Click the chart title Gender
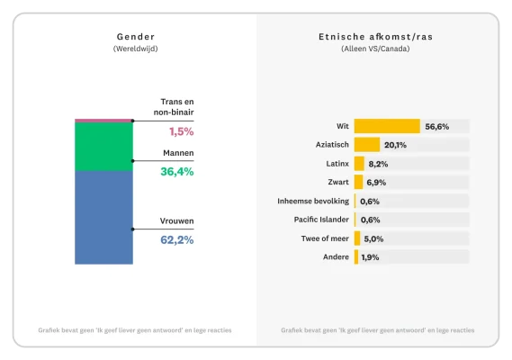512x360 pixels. click(135, 37)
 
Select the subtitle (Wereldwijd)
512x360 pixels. click(135, 49)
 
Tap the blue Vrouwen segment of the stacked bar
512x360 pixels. click(103, 217)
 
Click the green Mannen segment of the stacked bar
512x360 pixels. click(103, 146)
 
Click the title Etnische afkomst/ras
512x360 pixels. click(375, 37)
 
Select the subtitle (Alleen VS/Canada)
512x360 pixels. click(375, 49)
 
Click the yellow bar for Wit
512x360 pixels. click(387, 126)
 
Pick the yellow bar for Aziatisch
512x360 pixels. click(367, 145)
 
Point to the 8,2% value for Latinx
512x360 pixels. click(378, 164)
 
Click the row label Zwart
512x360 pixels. click(338, 183)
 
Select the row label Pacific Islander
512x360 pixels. click(322, 220)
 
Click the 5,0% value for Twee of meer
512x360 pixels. click(373, 238)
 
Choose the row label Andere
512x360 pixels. click(336, 257)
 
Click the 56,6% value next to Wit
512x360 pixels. click(437, 127)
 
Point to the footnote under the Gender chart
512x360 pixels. click(135, 330)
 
